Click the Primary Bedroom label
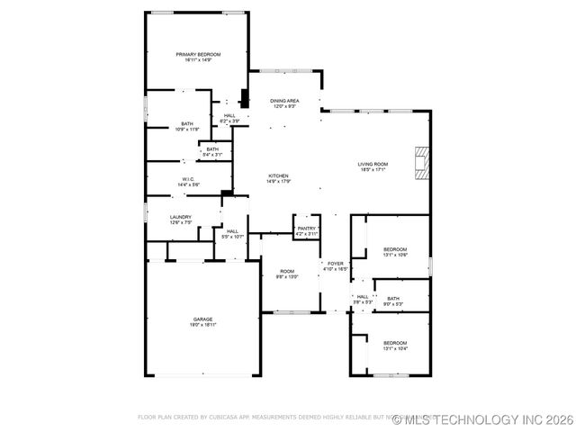tap(198, 54)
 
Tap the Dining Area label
tap(284, 101)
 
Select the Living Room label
tap(372, 164)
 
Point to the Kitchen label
tap(277, 175)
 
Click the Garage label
tap(202, 319)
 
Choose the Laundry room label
tap(181, 217)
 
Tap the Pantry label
tap(307, 229)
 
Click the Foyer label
tap(335, 264)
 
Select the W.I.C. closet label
tap(189, 179)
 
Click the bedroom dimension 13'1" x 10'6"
tap(395, 256)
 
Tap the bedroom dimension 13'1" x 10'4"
tap(395, 348)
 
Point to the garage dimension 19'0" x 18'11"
tap(202, 325)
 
